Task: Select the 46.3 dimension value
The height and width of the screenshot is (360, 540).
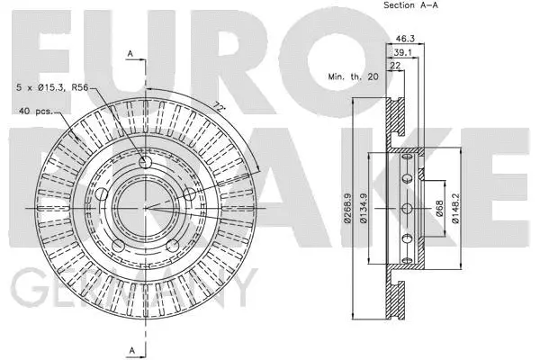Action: [x=404, y=39]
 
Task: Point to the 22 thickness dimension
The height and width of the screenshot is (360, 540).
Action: [x=394, y=67]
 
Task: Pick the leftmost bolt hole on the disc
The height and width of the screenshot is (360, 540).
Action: [x=102, y=195]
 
